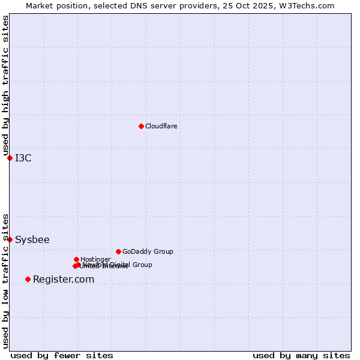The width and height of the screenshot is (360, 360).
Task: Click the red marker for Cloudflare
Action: tap(141, 126)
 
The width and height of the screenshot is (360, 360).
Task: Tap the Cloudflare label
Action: tap(161, 126)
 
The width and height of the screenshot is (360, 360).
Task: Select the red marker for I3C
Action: tap(10, 158)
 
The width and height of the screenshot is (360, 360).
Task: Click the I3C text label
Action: tap(23, 158)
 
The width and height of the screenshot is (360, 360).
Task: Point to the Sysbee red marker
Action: tap(10, 239)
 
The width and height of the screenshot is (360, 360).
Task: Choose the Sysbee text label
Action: tap(32, 240)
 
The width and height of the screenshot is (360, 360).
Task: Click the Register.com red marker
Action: tap(28, 279)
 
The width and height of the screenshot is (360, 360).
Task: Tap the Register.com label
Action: tap(64, 280)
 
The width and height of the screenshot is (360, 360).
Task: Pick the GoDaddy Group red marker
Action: tap(118, 251)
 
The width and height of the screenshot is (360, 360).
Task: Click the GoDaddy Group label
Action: tap(148, 251)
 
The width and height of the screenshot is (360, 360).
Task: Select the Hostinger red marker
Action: tap(76, 259)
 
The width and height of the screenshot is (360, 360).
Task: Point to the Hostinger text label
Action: tap(95, 259)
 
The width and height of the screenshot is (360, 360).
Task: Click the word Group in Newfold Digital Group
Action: tap(142, 265)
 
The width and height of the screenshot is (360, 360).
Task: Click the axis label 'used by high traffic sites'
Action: tap(6, 85)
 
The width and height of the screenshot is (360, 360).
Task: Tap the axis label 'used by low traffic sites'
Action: tap(6, 280)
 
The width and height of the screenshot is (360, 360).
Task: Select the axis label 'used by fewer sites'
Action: tap(62, 356)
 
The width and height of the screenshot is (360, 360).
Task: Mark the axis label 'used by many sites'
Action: tap(301, 356)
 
